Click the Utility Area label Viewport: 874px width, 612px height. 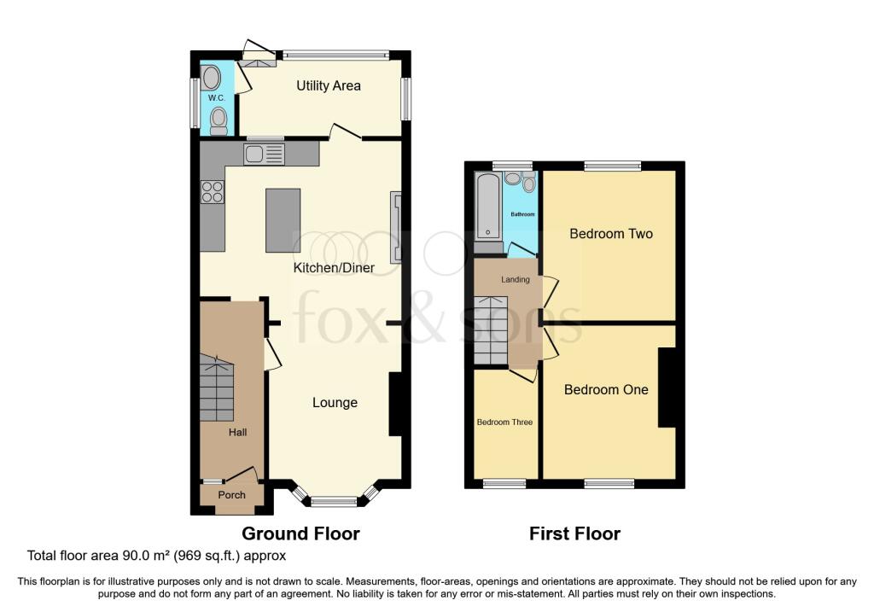pos(329,86)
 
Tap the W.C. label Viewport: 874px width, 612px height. pos(217,98)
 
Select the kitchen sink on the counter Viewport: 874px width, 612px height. pos(265,154)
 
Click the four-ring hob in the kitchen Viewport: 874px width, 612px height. pos(213,192)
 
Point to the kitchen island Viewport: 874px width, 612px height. pos(283,221)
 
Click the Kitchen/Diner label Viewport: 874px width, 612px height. pos(334,268)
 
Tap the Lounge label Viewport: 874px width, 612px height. pos(335,402)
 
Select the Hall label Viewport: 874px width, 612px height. pos(237,432)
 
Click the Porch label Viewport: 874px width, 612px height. pos(232,495)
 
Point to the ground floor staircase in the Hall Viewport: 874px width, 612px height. pos(217,389)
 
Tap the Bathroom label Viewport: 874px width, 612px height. pos(523,214)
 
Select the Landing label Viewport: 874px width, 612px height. pos(515,279)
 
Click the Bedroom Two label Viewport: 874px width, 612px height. pos(611,234)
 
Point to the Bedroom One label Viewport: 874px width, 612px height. pos(607,389)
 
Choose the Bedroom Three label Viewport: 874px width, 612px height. pos(505,422)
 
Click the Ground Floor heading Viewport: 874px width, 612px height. pos(301,533)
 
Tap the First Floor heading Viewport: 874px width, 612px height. pos(574,533)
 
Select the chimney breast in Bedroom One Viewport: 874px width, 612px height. pos(667,388)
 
